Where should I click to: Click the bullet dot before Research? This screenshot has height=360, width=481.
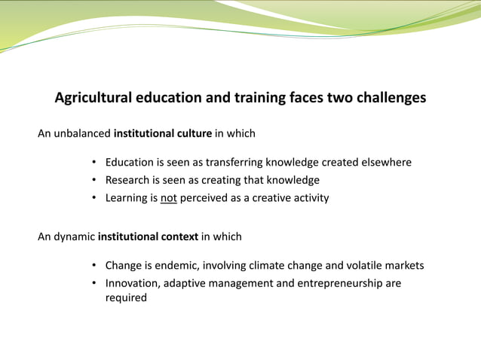click(93, 181)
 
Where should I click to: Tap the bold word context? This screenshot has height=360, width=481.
click(179, 237)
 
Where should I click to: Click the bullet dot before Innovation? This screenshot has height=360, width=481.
click(93, 284)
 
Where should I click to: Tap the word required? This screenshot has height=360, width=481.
click(126, 298)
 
